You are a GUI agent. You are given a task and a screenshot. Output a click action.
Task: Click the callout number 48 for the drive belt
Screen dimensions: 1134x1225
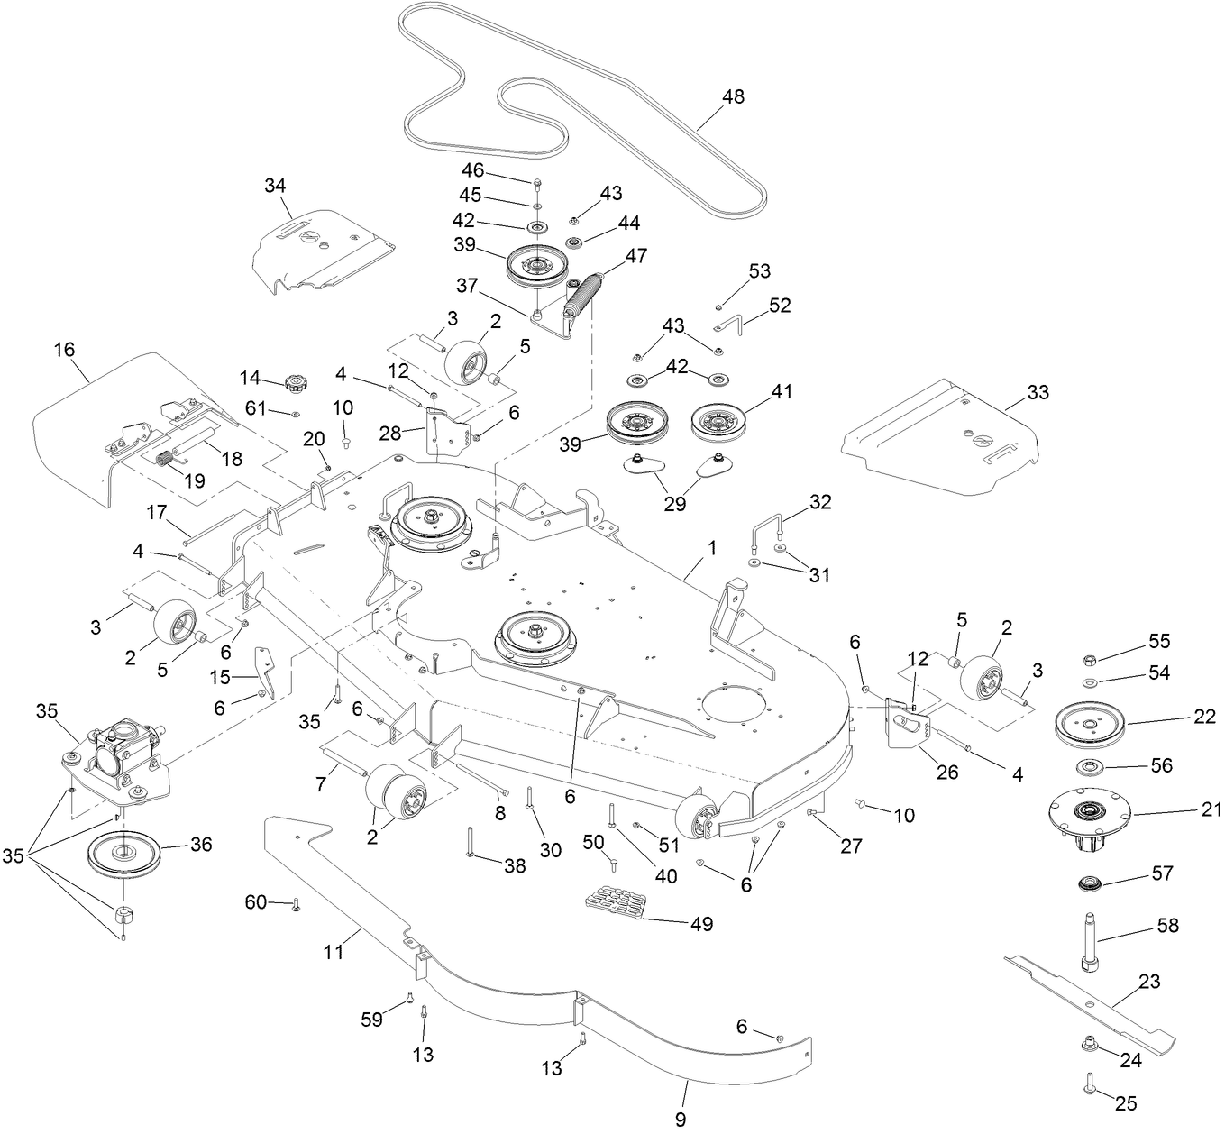click(x=733, y=96)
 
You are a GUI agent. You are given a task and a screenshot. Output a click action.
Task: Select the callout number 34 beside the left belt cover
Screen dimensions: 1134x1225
click(x=275, y=186)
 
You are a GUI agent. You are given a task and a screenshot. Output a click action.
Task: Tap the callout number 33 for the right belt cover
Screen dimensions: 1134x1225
click(x=1038, y=393)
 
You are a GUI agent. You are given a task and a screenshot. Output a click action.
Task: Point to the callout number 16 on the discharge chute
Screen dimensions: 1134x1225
click(x=64, y=350)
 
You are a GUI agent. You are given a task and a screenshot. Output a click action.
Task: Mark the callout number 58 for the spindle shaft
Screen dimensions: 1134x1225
click(x=1167, y=926)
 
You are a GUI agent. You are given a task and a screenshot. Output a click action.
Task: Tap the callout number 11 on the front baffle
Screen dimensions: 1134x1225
click(x=334, y=952)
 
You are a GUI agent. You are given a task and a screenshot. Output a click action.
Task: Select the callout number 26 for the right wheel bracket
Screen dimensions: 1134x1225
click(x=947, y=773)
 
